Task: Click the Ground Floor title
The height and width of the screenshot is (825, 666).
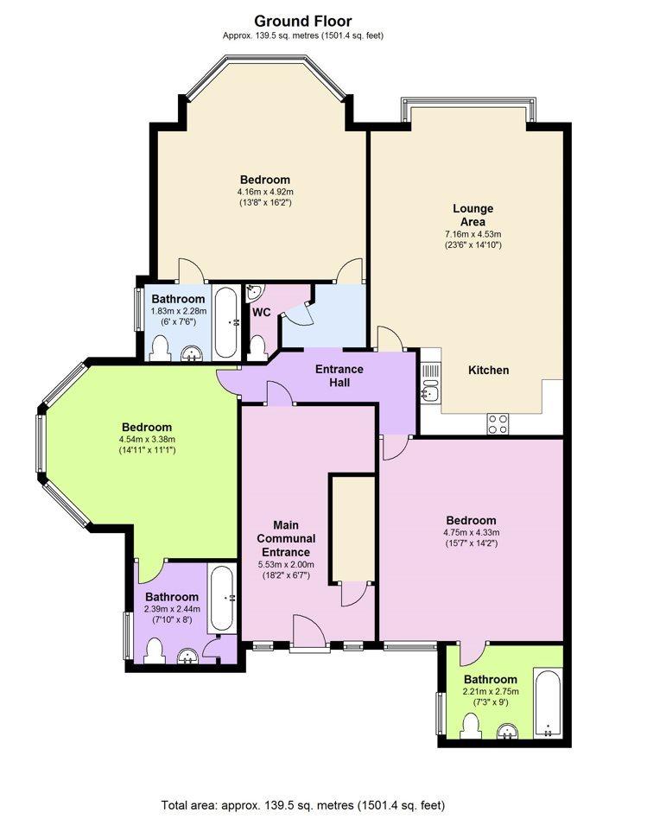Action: tap(303, 21)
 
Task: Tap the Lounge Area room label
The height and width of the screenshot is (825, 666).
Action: tap(473, 214)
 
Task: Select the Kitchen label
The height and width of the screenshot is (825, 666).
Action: tap(488, 370)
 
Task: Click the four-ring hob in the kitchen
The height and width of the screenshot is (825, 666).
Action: tap(498, 423)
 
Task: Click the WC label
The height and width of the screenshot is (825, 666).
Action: tap(262, 313)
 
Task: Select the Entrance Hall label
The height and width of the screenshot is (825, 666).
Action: tap(339, 376)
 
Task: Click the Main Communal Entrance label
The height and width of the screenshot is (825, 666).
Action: tap(286, 538)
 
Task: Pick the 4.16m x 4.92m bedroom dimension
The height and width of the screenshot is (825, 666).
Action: tap(265, 192)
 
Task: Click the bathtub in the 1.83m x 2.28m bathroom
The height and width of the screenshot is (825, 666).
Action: tap(227, 322)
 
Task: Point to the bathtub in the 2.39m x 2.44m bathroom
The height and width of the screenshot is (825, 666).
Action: tap(221, 599)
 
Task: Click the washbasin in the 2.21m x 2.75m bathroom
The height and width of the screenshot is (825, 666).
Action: tap(508, 731)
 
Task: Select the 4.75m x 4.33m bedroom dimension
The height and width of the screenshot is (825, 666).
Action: tap(471, 532)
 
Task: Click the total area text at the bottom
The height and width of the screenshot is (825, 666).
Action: tap(303, 805)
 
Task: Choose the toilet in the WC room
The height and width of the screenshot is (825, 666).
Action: tap(257, 348)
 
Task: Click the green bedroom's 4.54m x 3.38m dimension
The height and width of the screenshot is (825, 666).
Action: tap(148, 440)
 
